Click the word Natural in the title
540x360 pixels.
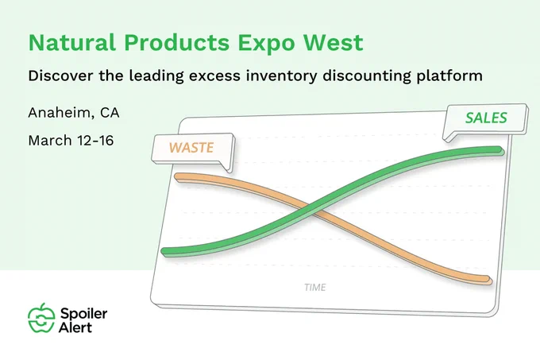71,42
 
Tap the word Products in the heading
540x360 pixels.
176,43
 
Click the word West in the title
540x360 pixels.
334,42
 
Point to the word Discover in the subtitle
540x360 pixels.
60,75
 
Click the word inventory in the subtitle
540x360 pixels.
281,76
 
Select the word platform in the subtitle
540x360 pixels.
449,76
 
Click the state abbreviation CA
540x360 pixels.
110,113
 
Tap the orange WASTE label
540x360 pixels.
191,148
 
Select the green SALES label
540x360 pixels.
486,118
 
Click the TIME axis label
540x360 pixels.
315,288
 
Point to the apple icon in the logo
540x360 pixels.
41,318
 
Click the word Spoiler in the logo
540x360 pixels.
83,314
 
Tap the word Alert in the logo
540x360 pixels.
75,327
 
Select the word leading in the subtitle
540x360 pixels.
156,76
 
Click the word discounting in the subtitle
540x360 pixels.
366,76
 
